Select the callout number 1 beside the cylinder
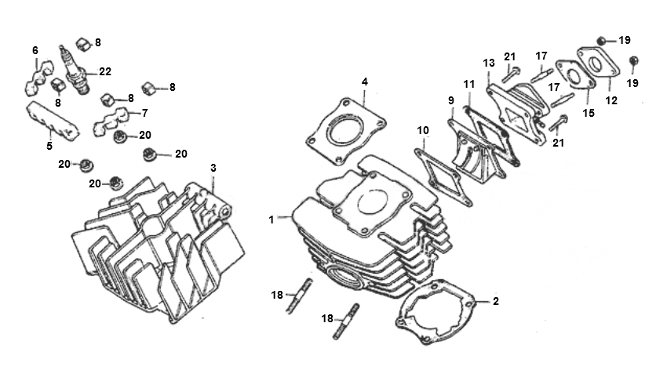coord(272,220)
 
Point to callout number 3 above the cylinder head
coord(213,168)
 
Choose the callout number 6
coord(35,50)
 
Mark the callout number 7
coord(144,113)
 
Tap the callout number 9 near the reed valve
coord(451,100)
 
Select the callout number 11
coord(468,84)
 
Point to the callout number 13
coord(489,63)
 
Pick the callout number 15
coord(589,113)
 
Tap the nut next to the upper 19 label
coord(602,41)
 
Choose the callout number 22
coord(105,72)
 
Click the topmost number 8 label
coord(98,42)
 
